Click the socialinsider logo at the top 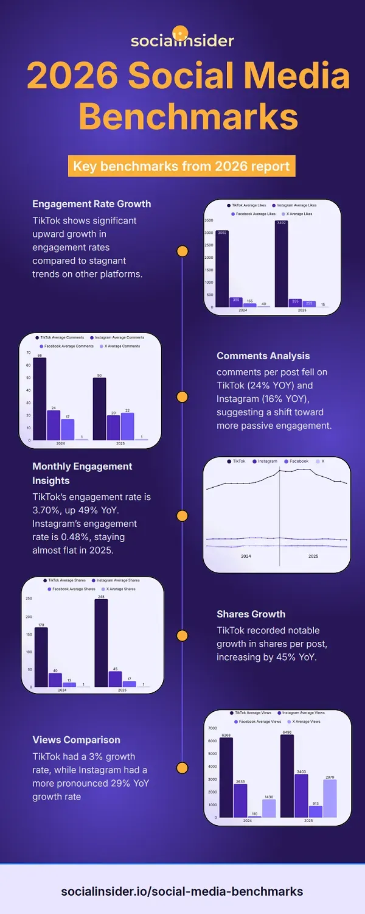182,38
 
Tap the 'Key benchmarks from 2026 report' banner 182,166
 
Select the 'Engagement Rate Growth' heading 92,203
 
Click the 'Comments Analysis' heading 263,356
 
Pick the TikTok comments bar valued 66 40,398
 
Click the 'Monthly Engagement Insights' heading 82,473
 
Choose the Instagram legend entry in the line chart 265,462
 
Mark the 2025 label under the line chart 313,556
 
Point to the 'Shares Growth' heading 251,614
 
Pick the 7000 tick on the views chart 212,728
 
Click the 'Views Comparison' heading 76,740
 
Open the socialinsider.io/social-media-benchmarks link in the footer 182,891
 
